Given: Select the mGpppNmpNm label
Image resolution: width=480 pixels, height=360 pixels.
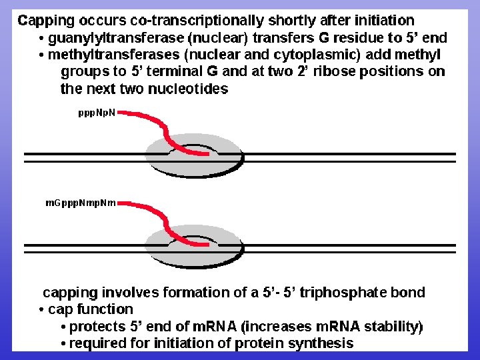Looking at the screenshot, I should (81, 203).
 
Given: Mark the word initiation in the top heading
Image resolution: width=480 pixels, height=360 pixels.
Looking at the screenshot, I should (379, 21).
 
